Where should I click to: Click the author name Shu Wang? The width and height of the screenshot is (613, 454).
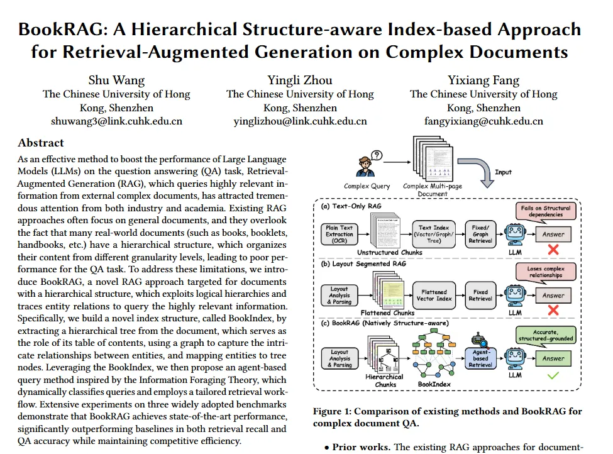pyautogui.click(x=116, y=80)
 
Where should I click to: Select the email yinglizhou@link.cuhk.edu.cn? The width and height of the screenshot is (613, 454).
pyautogui.click(x=300, y=121)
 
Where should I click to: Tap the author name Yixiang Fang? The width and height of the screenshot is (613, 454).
pyautogui.click(x=483, y=80)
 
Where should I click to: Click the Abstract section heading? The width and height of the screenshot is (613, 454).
pyautogui.click(x=41, y=143)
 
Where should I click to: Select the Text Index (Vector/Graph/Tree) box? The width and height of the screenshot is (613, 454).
pyautogui.click(x=434, y=233)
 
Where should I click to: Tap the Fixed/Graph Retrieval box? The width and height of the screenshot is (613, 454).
pyautogui.click(x=480, y=233)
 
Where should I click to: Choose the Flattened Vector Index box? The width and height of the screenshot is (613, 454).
pyautogui.click(x=434, y=295)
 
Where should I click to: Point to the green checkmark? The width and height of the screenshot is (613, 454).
pyautogui.click(x=553, y=376)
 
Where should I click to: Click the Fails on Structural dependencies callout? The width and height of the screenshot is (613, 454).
pyautogui.click(x=544, y=211)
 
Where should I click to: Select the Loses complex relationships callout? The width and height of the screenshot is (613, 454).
pyautogui.click(x=544, y=272)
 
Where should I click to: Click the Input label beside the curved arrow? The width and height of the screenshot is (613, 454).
pyautogui.click(x=503, y=172)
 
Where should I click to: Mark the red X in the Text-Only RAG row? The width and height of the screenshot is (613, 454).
pyautogui.click(x=553, y=250)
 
